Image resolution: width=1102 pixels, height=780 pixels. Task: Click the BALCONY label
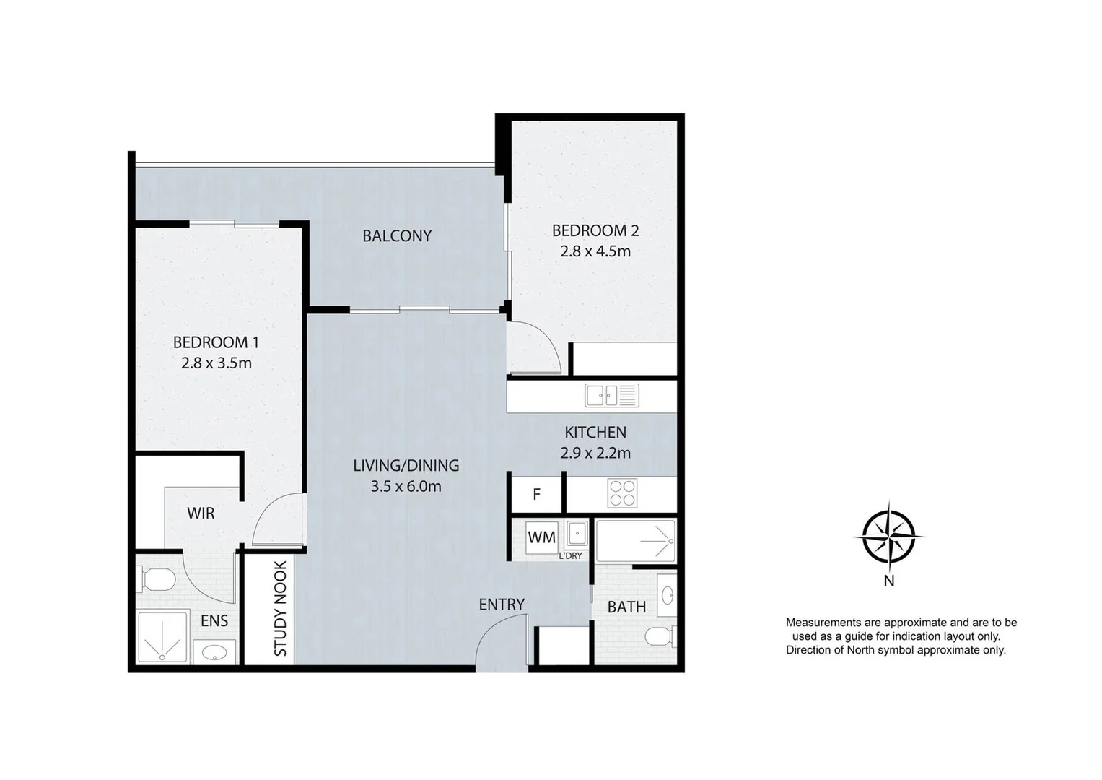[x=397, y=236]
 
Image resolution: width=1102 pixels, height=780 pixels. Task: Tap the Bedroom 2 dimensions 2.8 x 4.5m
[x=595, y=251]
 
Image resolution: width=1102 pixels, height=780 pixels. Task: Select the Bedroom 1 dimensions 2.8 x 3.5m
[x=217, y=363]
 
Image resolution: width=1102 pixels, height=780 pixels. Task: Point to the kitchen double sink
[x=612, y=395]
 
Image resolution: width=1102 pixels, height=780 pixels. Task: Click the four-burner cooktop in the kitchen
[x=622, y=493]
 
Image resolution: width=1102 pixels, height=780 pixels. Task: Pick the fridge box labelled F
[x=537, y=493]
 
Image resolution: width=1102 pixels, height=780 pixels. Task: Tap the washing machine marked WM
[x=542, y=537]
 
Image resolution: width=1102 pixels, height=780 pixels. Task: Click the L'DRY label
[x=571, y=556]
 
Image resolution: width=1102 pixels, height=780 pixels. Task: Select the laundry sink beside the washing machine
[x=577, y=534]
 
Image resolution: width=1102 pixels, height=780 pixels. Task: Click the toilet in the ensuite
[x=157, y=579]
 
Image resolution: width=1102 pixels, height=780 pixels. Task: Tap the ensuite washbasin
[x=214, y=652]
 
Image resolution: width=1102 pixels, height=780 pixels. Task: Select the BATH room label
[x=626, y=607]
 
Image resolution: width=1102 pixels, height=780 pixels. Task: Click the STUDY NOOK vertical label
[x=280, y=609]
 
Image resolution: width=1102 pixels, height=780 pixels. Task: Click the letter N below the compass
[x=889, y=581]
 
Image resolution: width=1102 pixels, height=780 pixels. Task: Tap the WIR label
[x=201, y=513]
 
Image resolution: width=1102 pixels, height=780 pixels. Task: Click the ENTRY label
[x=502, y=604]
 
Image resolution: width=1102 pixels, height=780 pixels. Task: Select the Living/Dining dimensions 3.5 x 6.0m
[x=406, y=487]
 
